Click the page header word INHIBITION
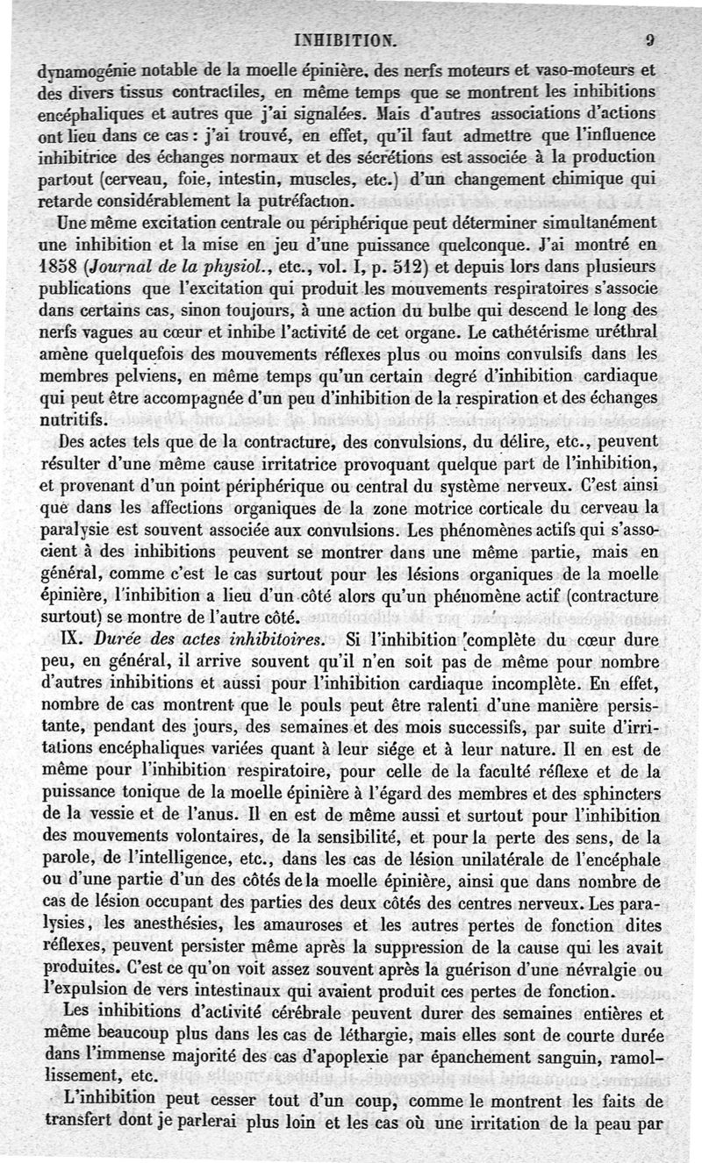[x=347, y=39]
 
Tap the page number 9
[x=649, y=39]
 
